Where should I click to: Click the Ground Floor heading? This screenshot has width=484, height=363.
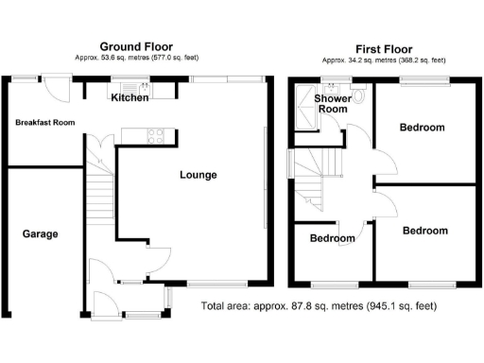[x=135, y=45]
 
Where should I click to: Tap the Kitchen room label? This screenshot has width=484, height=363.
[x=129, y=98]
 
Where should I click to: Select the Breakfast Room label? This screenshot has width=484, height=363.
[x=43, y=123]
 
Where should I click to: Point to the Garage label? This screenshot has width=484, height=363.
[x=41, y=233]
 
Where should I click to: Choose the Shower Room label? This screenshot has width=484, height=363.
[x=333, y=103]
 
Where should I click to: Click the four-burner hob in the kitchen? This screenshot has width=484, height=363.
[x=156, y=135]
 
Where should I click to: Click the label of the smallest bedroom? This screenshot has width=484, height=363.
[x=333, y=238]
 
